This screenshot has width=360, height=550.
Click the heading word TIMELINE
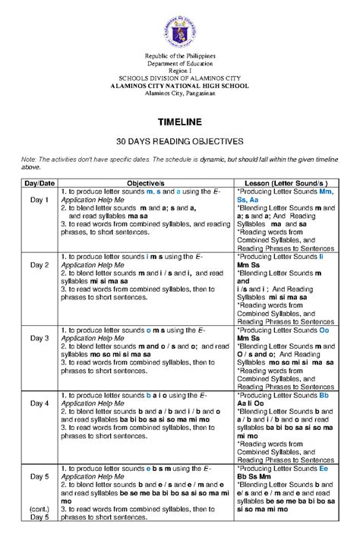click(x=179, y=122)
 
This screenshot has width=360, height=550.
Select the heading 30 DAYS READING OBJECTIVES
click(x=179, y=142)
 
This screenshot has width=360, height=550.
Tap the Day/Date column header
click(x=39, y=184)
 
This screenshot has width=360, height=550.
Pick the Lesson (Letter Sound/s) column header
click(x=282, y=184)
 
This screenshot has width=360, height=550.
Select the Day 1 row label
click(x=39, y=200)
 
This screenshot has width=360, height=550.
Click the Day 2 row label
click(x=39, y=265)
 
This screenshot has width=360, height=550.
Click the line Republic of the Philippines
click(x=179, y=57)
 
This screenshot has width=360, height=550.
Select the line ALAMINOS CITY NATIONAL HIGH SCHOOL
click(x=179, y=87)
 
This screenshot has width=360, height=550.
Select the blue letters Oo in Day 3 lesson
click(x=324, y=331)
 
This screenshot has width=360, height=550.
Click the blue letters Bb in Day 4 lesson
click(x=324, y=396)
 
